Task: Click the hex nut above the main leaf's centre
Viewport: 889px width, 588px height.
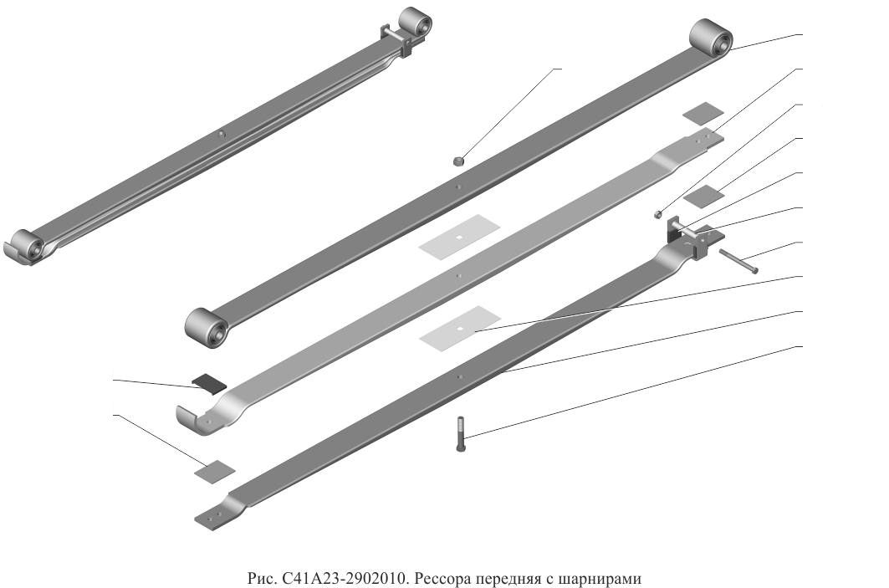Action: click(x=458, y=161)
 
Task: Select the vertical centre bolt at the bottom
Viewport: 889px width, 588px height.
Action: click(x=460, y=434)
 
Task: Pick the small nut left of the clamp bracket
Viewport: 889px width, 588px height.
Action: click(x=658, y=214)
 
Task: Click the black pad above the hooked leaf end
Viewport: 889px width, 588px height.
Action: click(x=208, y=383)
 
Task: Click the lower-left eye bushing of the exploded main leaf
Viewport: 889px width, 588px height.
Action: click(x=207, y=328)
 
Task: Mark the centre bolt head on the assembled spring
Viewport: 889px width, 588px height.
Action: click(x=222, y=135)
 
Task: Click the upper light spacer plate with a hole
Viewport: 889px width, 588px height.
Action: click(x=459, y=237)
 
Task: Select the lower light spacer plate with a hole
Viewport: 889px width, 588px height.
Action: click(x=460, y=328)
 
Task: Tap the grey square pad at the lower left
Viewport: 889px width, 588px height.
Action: click(x=214, y=471)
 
